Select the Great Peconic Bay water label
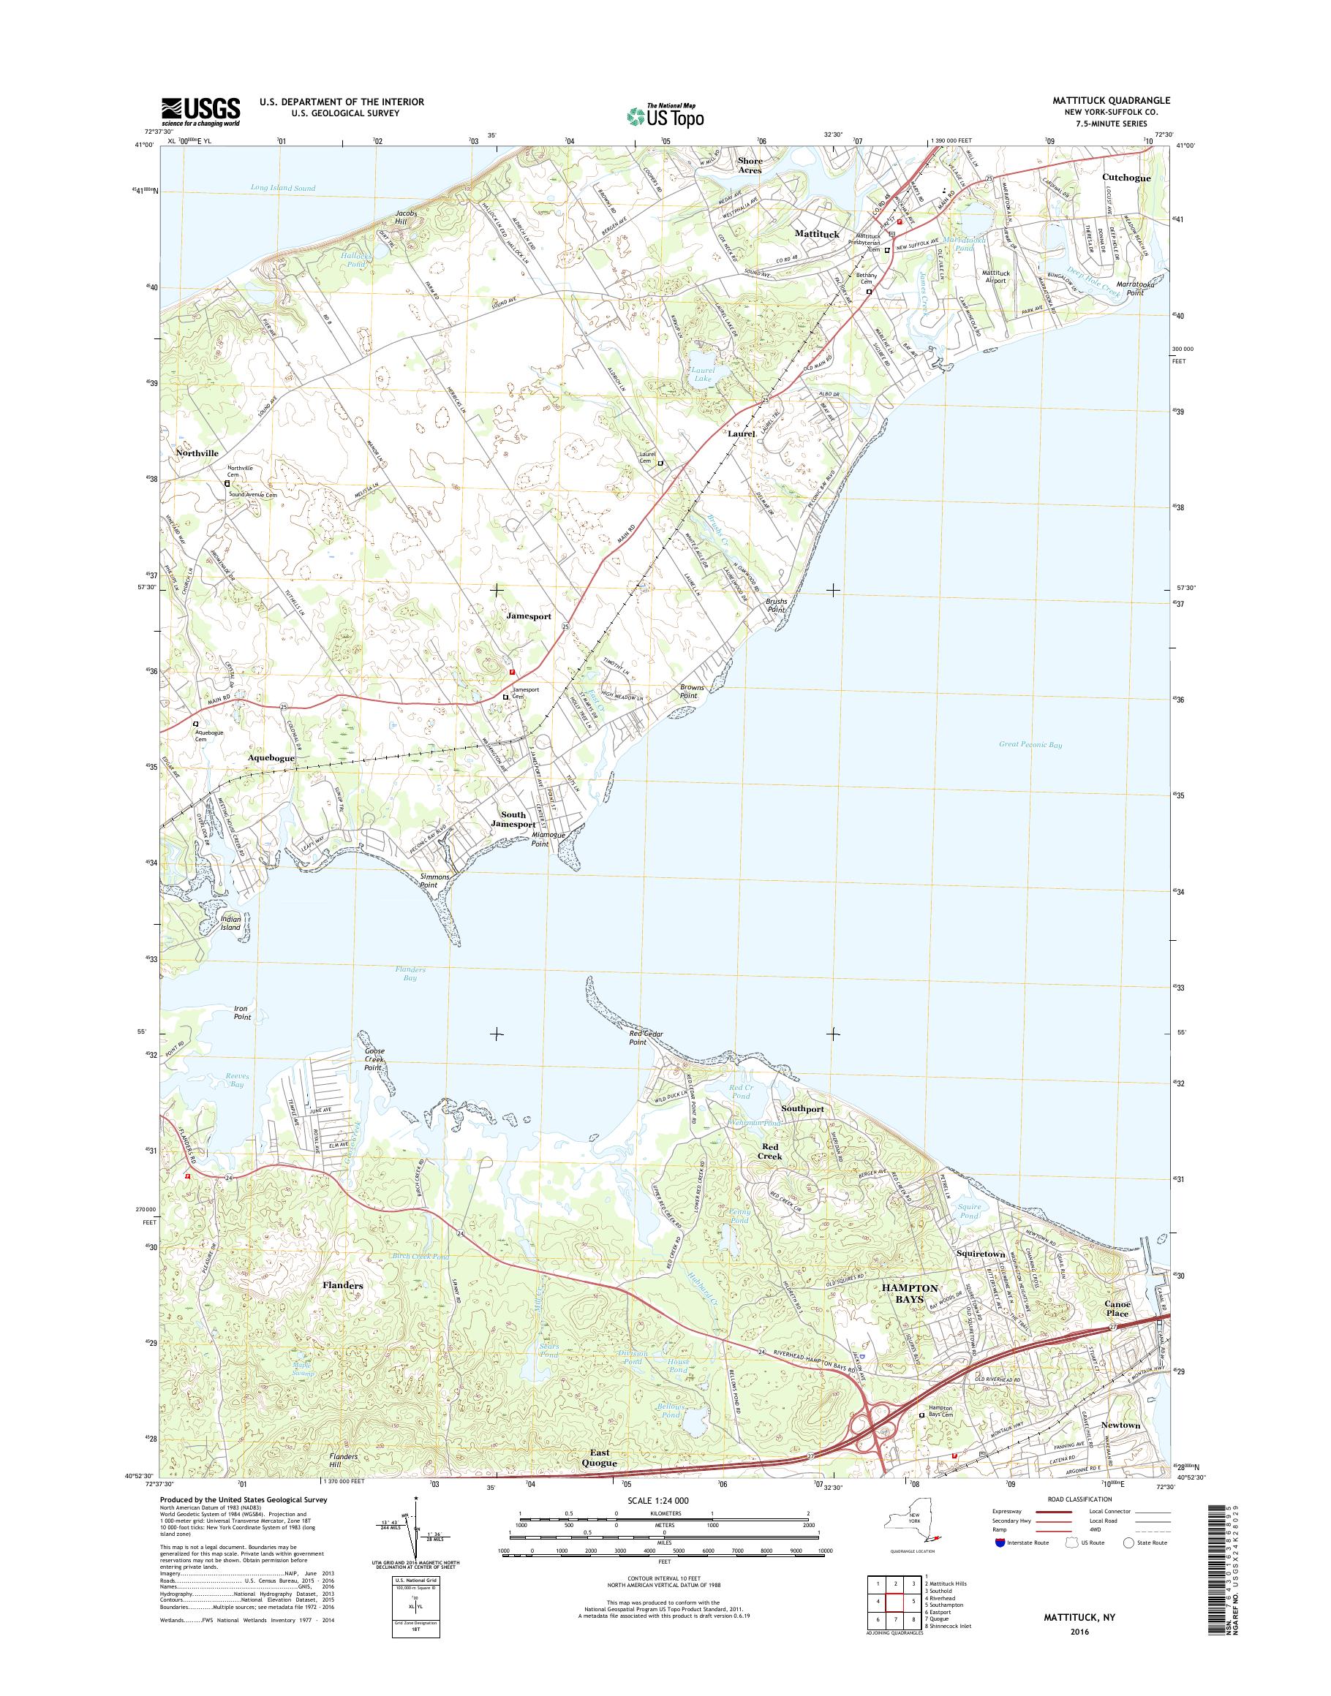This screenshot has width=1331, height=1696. (1030, 745)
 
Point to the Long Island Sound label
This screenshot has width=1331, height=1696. (283, 188)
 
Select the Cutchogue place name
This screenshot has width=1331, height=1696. (1126, 178)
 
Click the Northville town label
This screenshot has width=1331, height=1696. (197, 453)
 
